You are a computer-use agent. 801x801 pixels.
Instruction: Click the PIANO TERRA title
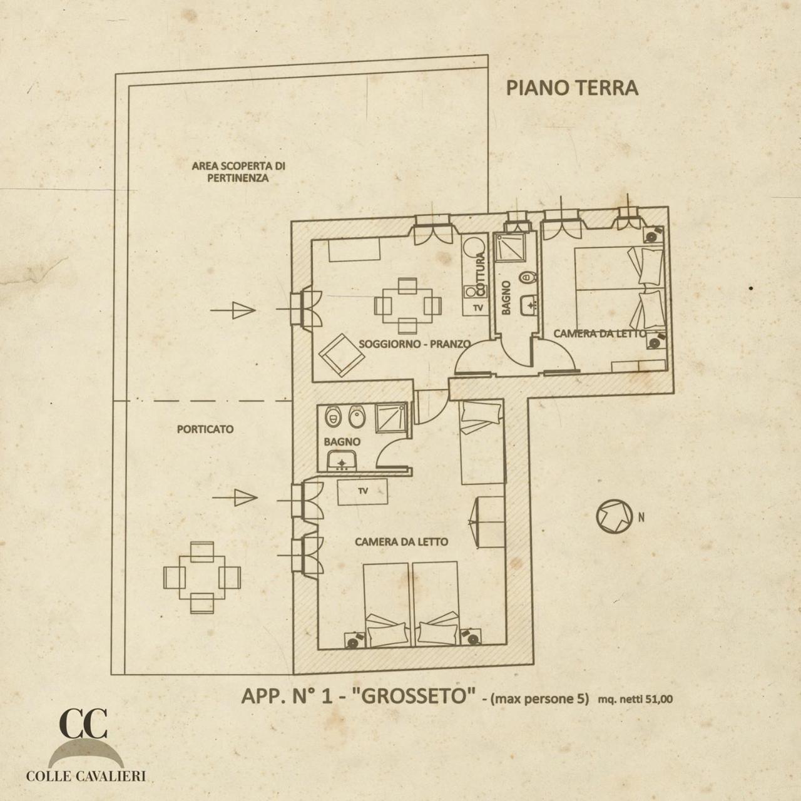pos(572,88)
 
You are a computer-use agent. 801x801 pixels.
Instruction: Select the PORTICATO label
pos(205,429)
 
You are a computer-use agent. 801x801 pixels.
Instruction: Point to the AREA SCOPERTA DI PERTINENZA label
pos(238,172)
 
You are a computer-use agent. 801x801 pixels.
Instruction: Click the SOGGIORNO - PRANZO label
pos(414,344)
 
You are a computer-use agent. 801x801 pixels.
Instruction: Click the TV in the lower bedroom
pos(362,492)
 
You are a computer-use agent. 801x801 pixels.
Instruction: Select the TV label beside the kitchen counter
pos(479,308)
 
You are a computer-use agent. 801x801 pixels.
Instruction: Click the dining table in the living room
pos(407,306)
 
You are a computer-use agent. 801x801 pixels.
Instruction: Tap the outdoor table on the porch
pos(202,578)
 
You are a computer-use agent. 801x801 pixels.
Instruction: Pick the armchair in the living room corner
pos(342,355)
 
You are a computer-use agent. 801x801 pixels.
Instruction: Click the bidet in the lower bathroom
pos(357,416)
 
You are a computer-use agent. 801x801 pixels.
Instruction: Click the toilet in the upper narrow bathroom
pos(528,275)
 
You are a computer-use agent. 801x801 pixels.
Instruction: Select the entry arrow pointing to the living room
pos(232,310)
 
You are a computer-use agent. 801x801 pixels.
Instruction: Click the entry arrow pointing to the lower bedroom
pos(235,497)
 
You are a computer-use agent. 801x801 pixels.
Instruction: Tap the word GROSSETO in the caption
pos(414,696)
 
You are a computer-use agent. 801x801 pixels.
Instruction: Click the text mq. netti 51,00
pos(635,700)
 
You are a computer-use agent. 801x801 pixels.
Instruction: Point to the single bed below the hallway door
pos(482,442)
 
